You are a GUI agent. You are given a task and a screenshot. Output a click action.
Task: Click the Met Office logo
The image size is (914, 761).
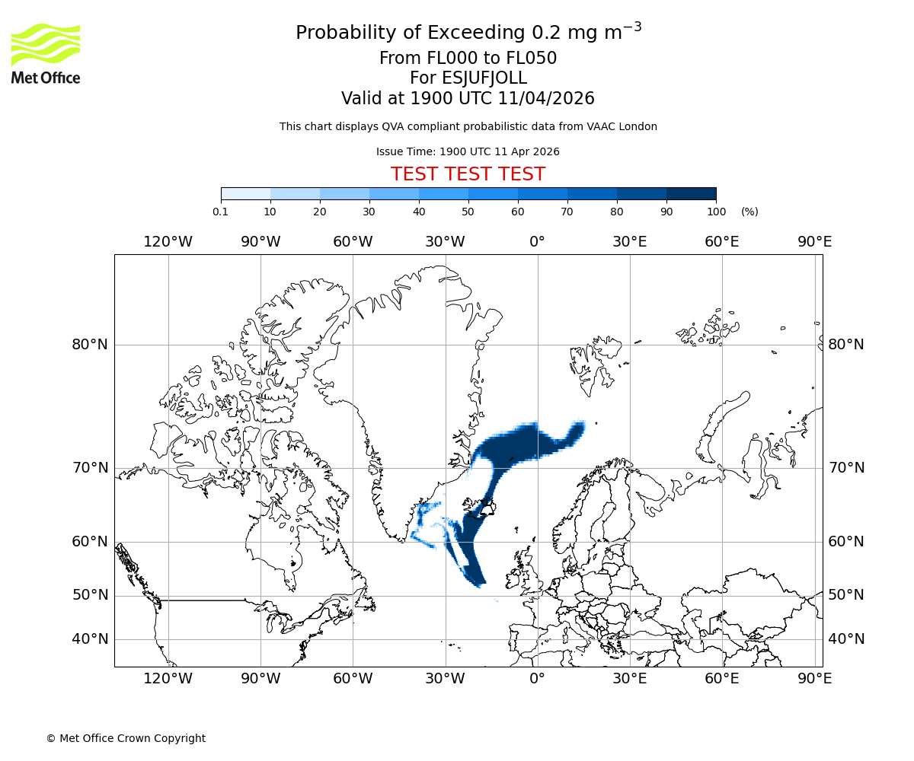pos(46,53)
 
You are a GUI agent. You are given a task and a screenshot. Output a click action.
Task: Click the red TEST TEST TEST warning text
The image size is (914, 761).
pos(468,174)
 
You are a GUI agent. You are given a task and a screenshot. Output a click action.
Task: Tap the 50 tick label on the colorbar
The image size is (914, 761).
pos(468,212)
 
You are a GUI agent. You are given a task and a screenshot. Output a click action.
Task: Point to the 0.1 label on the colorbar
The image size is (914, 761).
pos(221,212)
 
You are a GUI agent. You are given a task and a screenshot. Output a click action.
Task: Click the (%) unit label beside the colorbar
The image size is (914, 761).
pos(749,212)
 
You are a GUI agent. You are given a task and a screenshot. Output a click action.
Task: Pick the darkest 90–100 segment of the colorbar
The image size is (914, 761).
pos(691,193)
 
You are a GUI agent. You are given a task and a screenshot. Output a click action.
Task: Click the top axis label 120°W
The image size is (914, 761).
pos(168,242)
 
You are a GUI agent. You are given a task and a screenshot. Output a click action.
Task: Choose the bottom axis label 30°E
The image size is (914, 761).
pos(630,679)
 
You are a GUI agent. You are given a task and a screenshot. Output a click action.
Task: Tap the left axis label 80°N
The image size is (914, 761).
pos(90,345)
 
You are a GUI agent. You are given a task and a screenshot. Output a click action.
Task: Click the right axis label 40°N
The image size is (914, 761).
pos(846,639)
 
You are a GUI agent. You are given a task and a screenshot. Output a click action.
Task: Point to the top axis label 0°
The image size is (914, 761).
pos(537,242)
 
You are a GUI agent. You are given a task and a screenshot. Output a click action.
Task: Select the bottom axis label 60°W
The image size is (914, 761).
pos(353,679)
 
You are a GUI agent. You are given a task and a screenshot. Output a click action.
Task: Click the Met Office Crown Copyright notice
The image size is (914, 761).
pos(126,738)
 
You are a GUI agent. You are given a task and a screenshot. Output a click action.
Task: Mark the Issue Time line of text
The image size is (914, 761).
pos(468,151)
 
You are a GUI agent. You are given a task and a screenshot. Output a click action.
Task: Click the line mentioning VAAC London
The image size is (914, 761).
pos(468,126)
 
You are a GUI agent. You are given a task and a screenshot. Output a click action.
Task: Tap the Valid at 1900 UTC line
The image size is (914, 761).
pos(468,98)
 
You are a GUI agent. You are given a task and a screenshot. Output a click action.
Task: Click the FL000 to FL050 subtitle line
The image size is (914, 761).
pos(468,59)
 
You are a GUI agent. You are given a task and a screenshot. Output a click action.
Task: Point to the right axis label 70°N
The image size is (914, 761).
pos(846,468)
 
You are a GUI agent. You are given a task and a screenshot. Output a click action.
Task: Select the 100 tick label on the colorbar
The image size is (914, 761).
pos(716,212)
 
